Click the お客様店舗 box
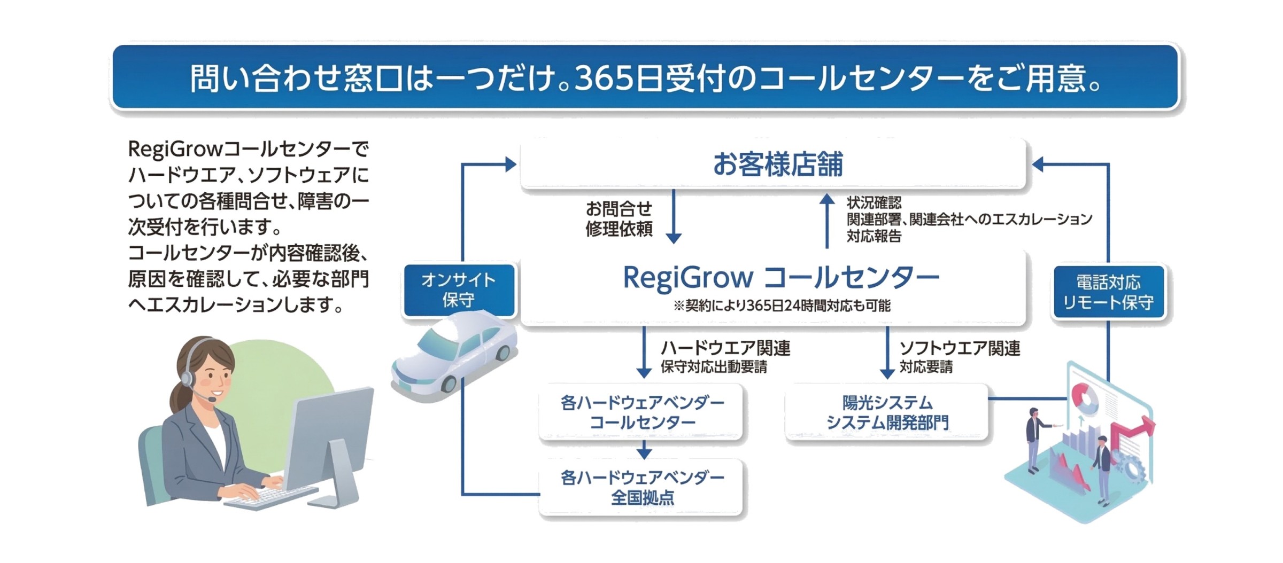(773, 164)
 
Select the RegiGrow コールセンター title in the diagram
(781, 278)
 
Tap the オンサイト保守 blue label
(459, 290)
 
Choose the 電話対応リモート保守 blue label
(1108, 292)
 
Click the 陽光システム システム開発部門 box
(887, 412)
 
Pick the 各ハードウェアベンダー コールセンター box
(641, 412)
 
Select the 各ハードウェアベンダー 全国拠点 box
(641, 487)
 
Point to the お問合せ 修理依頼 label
(619, 218)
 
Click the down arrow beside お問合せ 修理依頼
(674, 216)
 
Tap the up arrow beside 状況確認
(827, 221)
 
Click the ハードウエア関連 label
(725, 348)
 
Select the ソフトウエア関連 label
(960, 348)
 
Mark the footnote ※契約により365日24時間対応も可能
(782, 306)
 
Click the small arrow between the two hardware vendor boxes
(644, 450)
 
